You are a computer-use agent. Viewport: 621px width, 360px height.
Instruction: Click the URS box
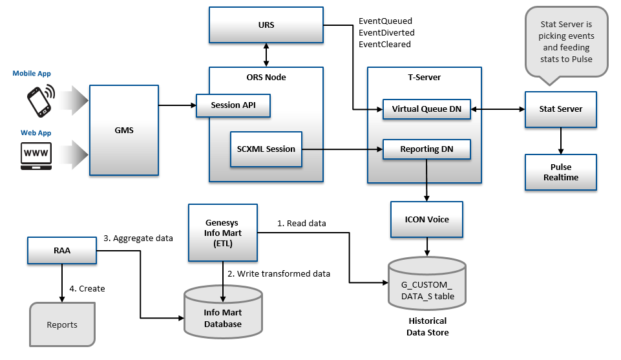pyautogui.click(x=266, y=25)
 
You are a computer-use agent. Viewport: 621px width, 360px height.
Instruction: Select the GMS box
pyautogui.click(x=123, y=130)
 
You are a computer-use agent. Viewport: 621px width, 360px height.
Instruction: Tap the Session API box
pyautogui.click(x=233, y=106)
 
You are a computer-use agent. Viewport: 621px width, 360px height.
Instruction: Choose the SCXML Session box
pyautogui.click(x=266, y=149)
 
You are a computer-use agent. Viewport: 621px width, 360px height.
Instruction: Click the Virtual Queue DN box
pyautogui.click(x=426, y=109)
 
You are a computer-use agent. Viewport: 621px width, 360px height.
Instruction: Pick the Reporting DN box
pyautogui.click(x=426, y=149)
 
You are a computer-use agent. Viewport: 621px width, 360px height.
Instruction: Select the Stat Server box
pyautogui.click(x=560, y=109)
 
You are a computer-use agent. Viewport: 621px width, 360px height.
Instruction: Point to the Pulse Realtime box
pyautogui.click(x=560, y=172)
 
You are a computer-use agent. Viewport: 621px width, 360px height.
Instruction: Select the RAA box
pyautogui.click(x=62, y=250)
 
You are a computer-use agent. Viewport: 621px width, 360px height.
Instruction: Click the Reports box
pyautogui.click(x=62, y=324)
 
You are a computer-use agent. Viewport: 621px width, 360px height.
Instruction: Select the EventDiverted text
pyautogui.click(x=386, y=32)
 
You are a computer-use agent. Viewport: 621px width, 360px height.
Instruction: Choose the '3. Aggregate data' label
pyautogui.click(x=138, y=238)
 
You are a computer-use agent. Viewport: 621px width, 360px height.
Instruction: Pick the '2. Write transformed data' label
pyautogui.click(x=279, y=273)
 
